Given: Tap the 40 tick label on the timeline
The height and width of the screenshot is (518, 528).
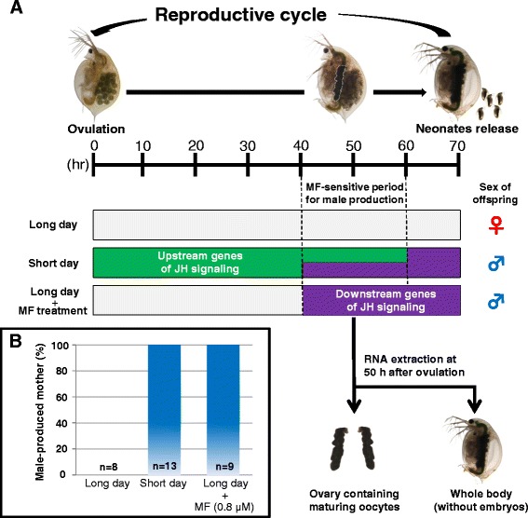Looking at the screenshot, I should pyautogui.click(x=303, y=147).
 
